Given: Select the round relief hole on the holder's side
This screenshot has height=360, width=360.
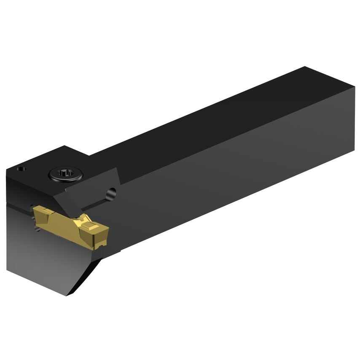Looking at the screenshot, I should tap(111, 193).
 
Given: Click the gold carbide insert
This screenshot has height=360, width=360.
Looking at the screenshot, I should tap(72, 223).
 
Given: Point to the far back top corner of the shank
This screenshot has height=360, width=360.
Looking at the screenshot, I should tap(304, 67).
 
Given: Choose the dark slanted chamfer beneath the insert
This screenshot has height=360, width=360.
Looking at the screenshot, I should tap(86, 274).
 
